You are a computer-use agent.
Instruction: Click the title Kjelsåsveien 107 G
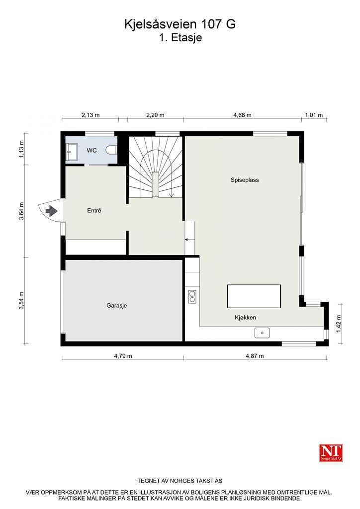click(180, 24)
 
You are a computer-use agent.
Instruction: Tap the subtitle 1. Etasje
click(180, 37)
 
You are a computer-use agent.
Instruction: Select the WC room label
click(92, 150)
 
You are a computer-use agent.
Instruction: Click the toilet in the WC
click(113, 150)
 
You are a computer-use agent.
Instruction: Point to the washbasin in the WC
click(71, 150)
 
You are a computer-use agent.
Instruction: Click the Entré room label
click(94, 211)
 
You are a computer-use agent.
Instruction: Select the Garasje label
click(117, 306)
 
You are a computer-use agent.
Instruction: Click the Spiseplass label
click(244, 180)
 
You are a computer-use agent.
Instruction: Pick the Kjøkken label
click(246, 317)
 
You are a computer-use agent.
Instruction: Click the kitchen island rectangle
click(254, 296)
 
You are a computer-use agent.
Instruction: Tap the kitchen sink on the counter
click(262, 333)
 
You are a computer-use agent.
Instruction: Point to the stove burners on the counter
click(192, 297)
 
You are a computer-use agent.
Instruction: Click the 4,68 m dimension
click(243, 115)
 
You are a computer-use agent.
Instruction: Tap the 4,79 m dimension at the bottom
click(122, 356)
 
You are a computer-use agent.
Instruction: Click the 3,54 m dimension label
click(21, 300)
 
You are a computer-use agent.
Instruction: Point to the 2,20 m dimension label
click(155, 115)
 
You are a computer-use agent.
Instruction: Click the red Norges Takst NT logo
click(331, 452)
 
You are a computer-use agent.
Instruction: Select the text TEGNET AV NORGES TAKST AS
click(180, 481)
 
